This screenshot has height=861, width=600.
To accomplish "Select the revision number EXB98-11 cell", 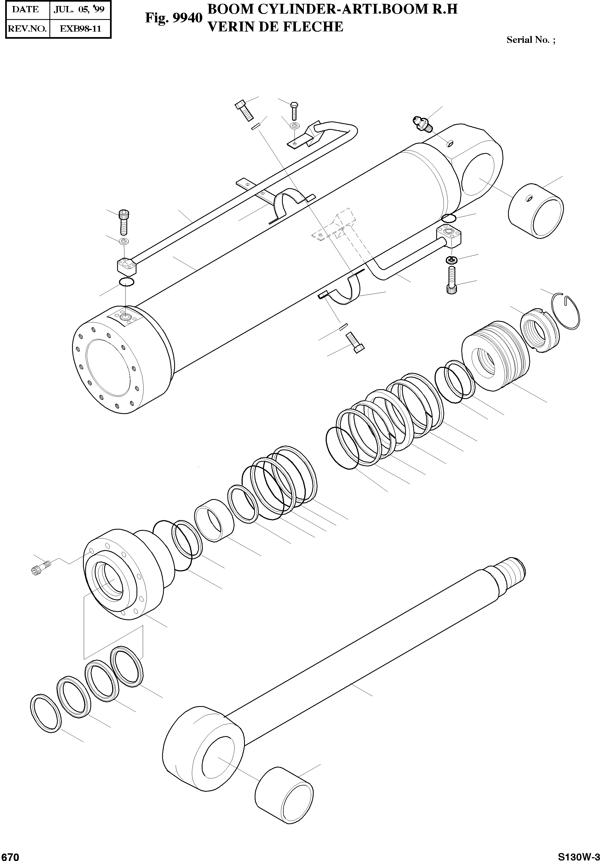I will coord(80,28).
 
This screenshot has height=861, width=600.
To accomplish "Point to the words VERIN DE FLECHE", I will coord(275,27).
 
